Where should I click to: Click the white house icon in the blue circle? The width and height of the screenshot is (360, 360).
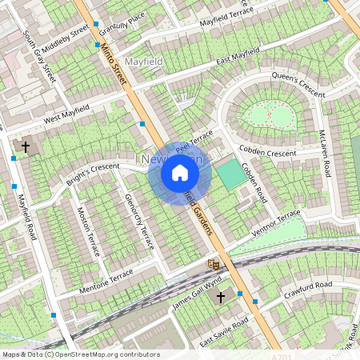pyautogui.click(x=180, y=173)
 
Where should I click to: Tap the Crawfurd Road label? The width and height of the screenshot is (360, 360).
pyautogui.click(x=308, y=291)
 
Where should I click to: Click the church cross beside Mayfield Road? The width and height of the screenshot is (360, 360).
pyautogui.click(x=25, y=147)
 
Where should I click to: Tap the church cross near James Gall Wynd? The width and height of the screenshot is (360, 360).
pyautogui.click(x=222, y=297)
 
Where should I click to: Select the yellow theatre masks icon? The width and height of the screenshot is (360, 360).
pyautogui.click(x=213, y=262)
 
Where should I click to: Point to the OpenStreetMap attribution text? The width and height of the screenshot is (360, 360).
pyautogui.click(x=80, y=354)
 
